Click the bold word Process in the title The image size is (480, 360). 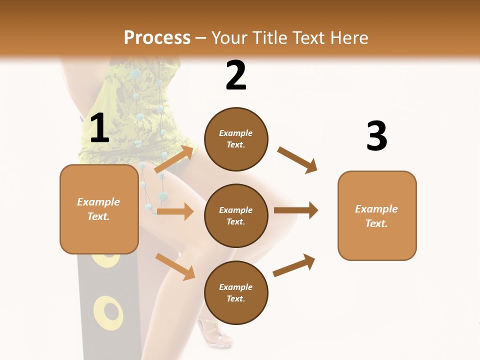[x=157, y=37]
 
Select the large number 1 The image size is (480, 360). [x=99, y=128]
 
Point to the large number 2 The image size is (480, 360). [x=236, y=75]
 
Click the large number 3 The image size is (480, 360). [x=376, y=136]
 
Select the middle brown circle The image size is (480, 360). [x=236, y=215]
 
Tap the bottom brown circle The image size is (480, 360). [x=236, y=292]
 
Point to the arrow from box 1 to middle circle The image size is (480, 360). [x=175, y=211]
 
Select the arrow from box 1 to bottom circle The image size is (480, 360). [x=175, y=266]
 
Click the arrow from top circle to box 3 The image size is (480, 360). [x=297, y=159]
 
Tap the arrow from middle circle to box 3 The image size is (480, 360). [x=296, y=210]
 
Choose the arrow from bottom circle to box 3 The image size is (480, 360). [x=294, y=265]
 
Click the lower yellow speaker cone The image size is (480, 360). [x=107, y=312]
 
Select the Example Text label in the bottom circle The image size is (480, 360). [x=236, y=292]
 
